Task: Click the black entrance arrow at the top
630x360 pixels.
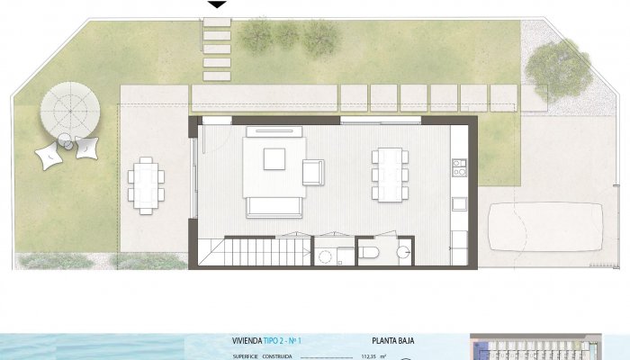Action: pos(216,4)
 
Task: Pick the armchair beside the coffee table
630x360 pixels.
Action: pos(313,171)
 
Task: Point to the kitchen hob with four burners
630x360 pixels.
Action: pos(459,166)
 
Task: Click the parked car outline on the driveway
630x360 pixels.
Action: pos(545,228)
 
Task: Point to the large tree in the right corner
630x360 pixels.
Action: pos(560,64)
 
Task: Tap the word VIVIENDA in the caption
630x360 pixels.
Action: pos(247,342)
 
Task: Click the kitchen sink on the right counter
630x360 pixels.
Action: pos(459,201)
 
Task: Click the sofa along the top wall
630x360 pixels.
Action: pos(274,131)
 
